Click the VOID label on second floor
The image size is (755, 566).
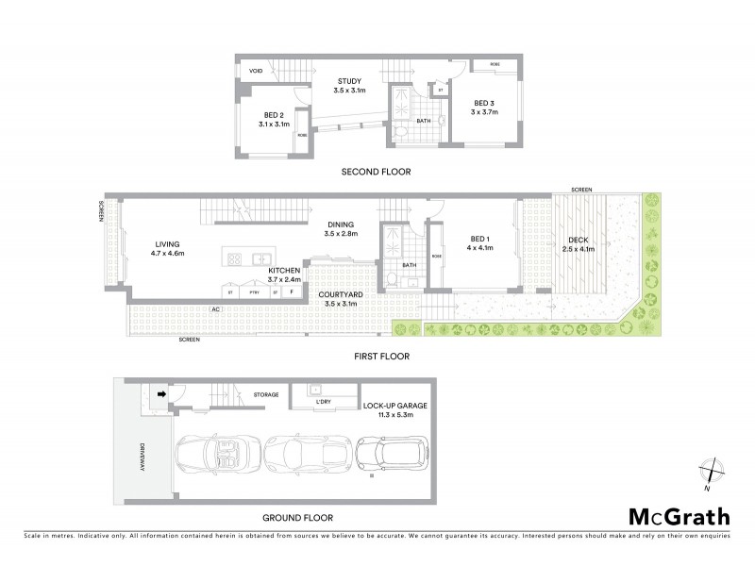255,71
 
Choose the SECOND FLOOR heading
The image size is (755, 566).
378,172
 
